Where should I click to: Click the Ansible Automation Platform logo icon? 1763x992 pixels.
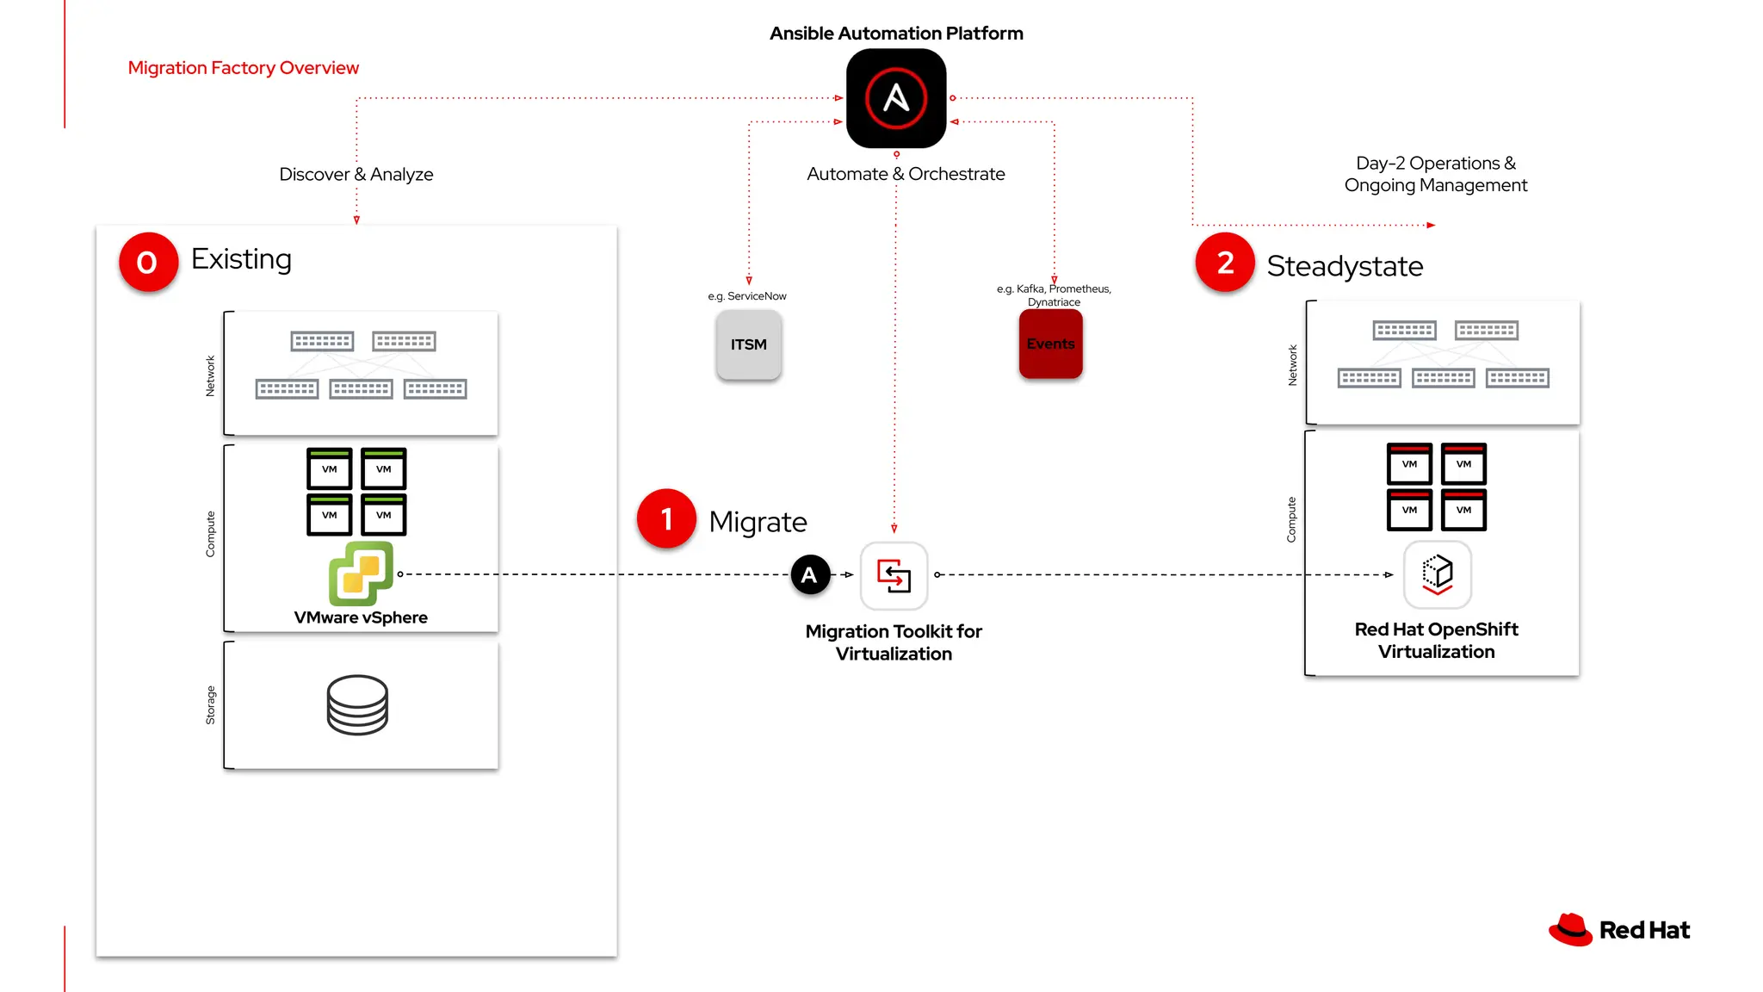[896, 98]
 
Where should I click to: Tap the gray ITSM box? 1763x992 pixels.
[748, 344]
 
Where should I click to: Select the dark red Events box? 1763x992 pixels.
[1050, 344]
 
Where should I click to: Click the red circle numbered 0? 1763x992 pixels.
[148, 262]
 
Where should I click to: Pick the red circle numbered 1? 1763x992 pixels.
[666, 518]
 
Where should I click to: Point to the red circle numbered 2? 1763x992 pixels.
[1225, 263]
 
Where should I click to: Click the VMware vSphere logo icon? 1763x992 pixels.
[361, 573]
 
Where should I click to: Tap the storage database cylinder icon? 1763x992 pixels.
[357, 704]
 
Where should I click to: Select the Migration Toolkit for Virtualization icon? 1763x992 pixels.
[894, 575]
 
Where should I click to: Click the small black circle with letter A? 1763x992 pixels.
[809, 575]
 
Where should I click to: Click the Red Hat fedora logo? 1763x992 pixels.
[1570, 930]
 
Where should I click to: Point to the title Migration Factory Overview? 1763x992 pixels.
[243, 68]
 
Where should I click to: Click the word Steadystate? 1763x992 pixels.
[1345, 266]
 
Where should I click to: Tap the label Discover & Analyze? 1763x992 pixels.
[356, 174]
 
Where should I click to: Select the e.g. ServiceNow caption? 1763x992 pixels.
[747, 296]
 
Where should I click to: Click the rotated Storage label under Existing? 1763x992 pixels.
[210, 705]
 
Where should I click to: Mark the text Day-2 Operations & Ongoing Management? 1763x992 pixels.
[1435, 174]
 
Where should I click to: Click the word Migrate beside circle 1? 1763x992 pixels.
[758, 522]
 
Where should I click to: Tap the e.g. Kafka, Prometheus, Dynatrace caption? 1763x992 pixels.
[1054, 294]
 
